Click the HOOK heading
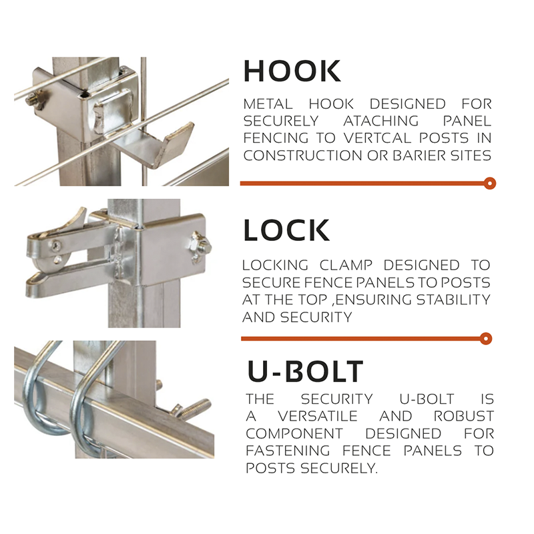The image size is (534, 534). tap(292, 71)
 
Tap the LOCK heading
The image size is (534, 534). tap(286, 230)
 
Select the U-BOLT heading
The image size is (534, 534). tap(305, 371)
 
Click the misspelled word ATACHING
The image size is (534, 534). tap(381, 121)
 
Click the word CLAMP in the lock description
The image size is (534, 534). tap(346, 265)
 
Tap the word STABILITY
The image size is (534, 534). tap(453, 300)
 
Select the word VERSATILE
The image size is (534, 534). tap(318, 416)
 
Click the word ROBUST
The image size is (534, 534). tap(463, 416)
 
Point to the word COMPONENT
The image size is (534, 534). tap(294, 433)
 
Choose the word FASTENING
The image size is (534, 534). tap(288, 451)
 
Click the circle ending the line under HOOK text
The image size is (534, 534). tap(490, 184)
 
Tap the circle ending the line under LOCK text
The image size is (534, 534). tap(486, 339)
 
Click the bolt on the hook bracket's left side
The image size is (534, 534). tap(35, 99)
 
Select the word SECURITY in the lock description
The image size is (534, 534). tap(316, 317)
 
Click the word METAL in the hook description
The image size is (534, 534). tap(268, 104)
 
